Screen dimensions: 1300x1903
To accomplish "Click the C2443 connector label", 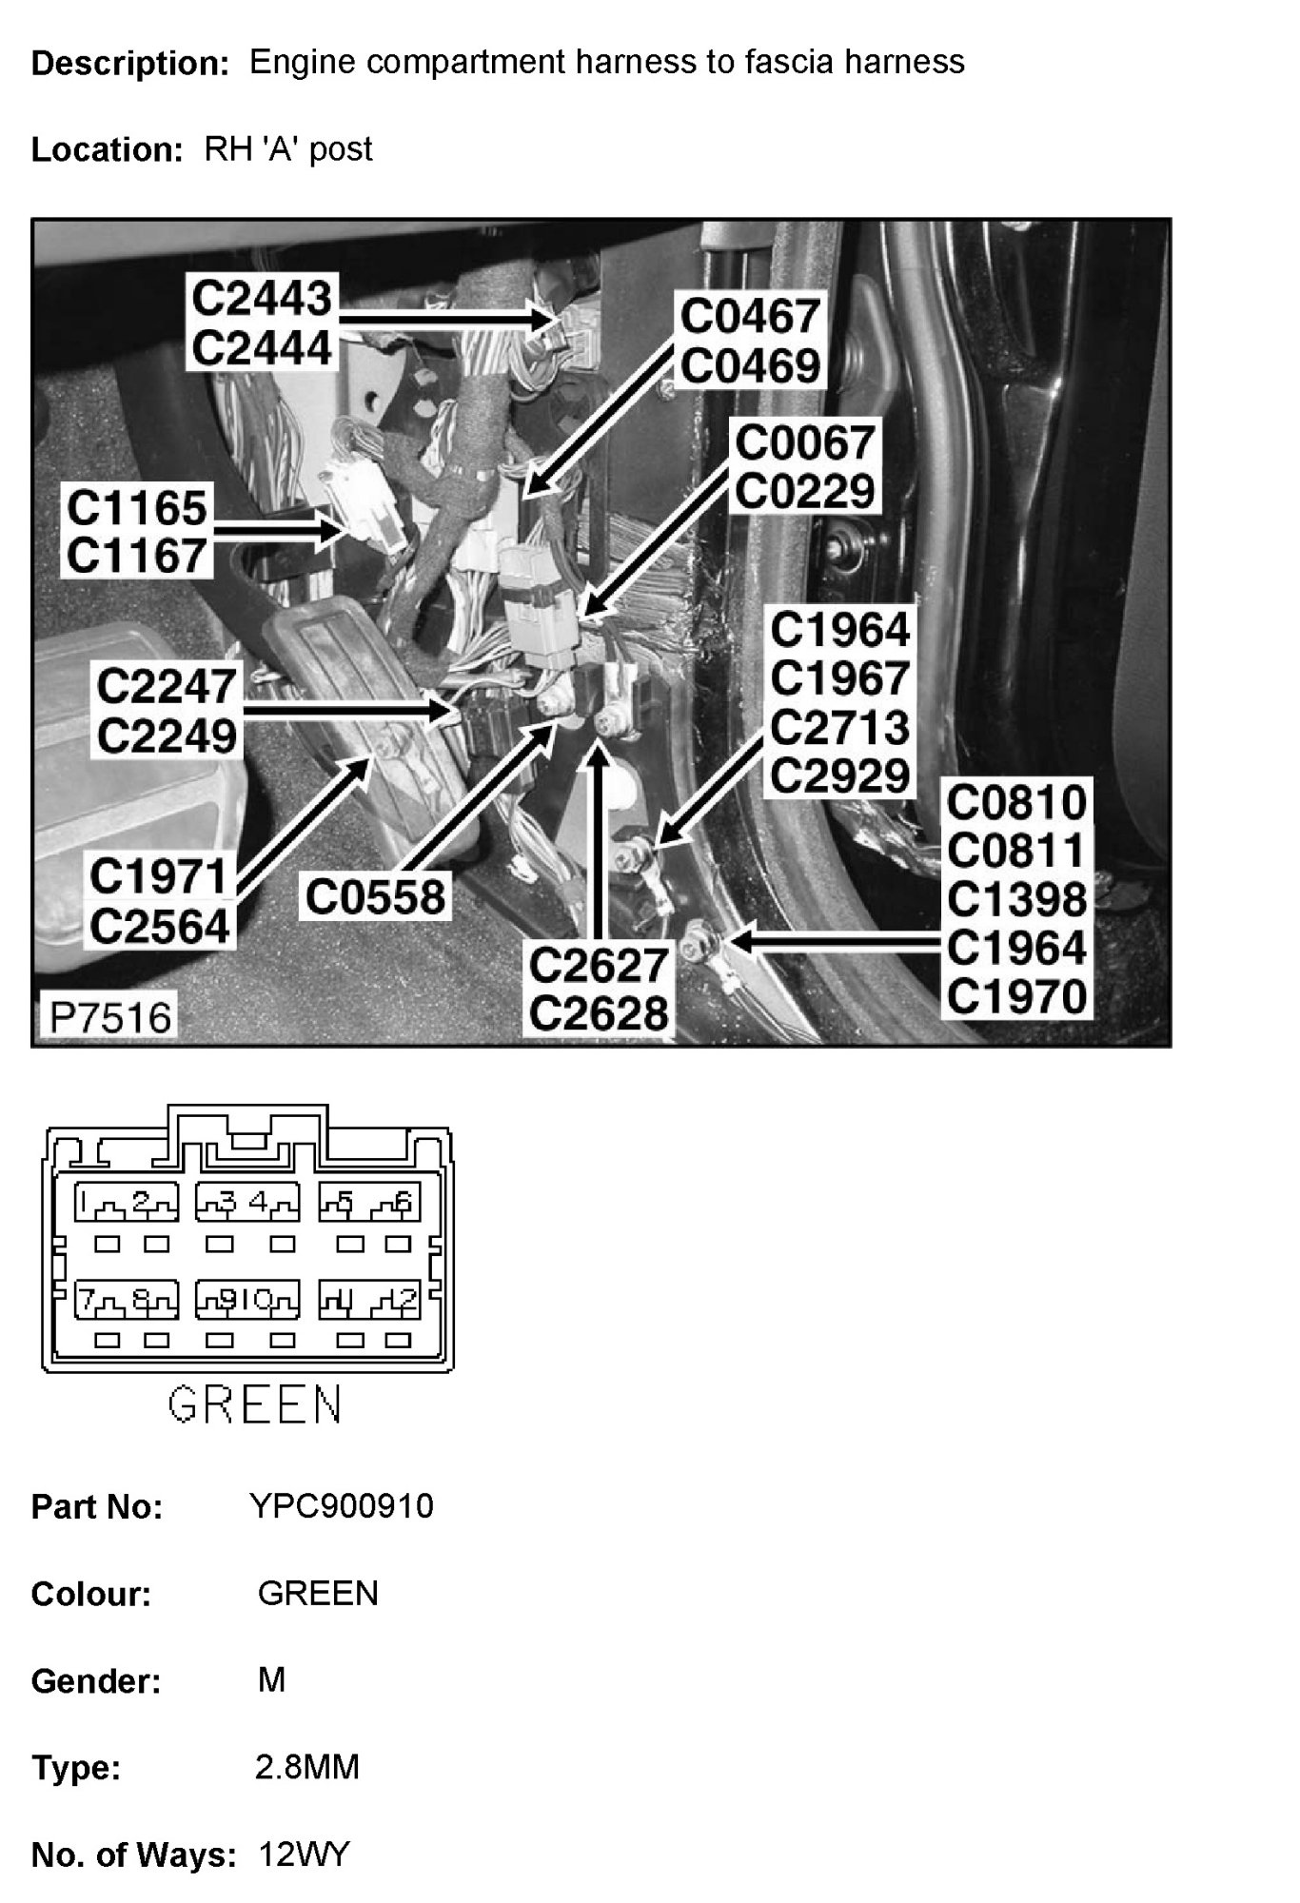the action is [262, 298].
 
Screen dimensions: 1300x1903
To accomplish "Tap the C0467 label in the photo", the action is [750, 317].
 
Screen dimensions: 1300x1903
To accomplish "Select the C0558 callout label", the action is [375, 897].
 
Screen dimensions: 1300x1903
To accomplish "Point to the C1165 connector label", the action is [137, 507].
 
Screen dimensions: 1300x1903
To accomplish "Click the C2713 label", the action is [840, 728].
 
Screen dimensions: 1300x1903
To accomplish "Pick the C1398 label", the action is [1016, 899].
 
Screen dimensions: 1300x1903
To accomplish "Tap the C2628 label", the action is [599, 1014].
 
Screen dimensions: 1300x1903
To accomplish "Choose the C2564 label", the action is [161, 926].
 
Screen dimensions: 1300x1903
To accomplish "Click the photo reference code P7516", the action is [110, 1018].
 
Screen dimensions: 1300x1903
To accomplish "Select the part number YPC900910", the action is [341, 1506].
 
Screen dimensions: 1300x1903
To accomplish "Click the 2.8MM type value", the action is [307, 1767].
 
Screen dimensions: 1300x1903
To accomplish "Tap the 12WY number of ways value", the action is [305, 1854].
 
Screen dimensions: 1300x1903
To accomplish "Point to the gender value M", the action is [271, 1680].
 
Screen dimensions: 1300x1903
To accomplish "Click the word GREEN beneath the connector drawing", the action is [254, 1403].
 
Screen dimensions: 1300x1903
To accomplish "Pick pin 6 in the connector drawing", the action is [404, 1203].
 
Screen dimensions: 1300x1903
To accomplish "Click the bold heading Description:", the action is [130, 64].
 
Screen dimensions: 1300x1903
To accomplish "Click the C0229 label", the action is [805, 492].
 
